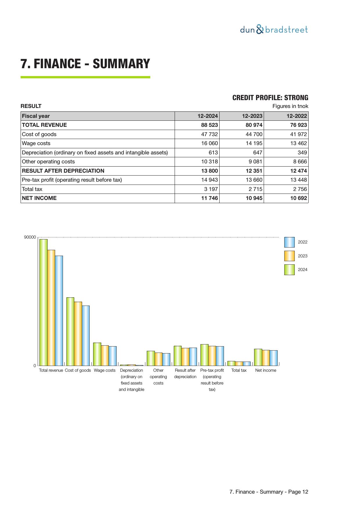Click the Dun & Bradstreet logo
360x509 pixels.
point(274,30)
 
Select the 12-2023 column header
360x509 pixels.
point(252,116)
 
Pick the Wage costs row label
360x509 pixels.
point(36,143)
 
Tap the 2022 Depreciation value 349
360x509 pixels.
point(302,153)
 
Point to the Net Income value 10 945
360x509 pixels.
point(254,198)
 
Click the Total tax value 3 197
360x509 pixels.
point(211,189)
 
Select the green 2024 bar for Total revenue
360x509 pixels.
point(44,302)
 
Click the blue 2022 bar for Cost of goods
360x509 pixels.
point(86,335)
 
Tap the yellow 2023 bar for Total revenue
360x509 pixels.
point(51,308)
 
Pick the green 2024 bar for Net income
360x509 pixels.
point(258,357)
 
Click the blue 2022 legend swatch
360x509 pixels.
point(289,242)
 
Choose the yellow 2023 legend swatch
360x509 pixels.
point(289,256)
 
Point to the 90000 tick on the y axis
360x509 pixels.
point(30,237)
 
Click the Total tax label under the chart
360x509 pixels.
point(239,370)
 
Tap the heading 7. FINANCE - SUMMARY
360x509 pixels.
point(85,64)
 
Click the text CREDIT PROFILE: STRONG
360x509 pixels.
point(270,98)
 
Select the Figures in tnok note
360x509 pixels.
point(290,106)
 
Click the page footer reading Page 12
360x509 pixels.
point(269,492)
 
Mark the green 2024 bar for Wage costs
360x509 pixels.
point(97,354)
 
